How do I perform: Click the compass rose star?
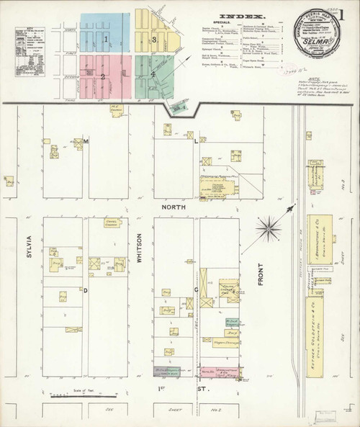pos(271,229)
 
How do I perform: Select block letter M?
pos(85,142)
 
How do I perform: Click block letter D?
pos(85,290)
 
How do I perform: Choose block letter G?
pos(196,290)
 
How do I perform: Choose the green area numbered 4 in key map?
pos(153,74)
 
